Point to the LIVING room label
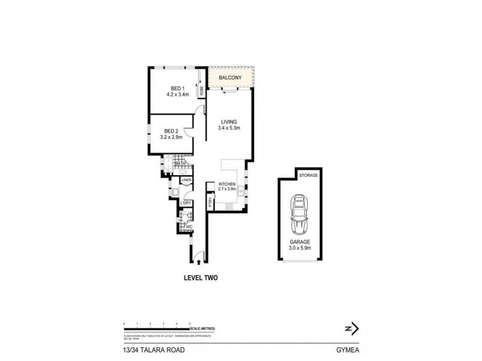229,122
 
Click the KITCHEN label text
227,184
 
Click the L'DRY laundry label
186,203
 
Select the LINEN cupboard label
186,180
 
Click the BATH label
180,164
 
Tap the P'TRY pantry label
210,203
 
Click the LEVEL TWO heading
201,278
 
